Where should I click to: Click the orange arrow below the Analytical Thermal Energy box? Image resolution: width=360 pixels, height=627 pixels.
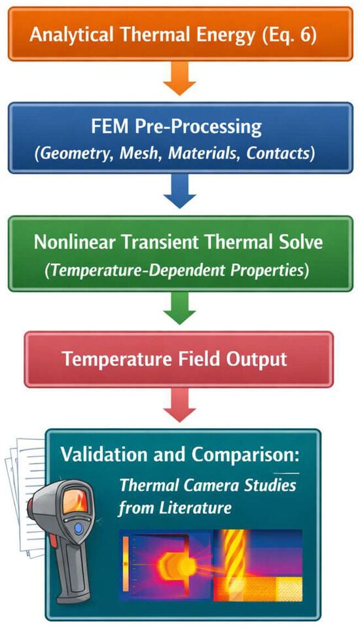[179, 79]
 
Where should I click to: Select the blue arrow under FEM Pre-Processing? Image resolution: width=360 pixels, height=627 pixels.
[179, 190]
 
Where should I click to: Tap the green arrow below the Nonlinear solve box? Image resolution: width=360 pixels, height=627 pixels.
[179, 308]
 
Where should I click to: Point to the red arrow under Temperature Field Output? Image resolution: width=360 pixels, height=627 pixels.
[179, 404]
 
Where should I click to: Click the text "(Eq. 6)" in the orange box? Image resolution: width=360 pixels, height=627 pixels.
[289, 35]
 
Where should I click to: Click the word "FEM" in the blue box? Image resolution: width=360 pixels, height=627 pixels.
[109, 127]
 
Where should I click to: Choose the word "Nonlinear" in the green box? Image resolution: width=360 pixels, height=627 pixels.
[75, 242]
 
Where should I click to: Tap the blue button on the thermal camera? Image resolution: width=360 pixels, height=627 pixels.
[79, 528]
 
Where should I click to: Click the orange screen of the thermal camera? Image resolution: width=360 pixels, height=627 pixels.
[75, 501]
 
